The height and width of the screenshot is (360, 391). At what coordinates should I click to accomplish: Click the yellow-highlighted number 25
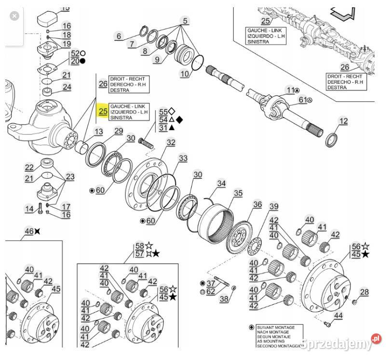tap(103, 111)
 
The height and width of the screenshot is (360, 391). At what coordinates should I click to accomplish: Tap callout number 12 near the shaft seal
tap(343, 121)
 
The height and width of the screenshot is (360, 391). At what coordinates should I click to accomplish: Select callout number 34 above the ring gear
tap(221, 184)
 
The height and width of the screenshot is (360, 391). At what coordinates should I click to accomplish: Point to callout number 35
tap(238, 194)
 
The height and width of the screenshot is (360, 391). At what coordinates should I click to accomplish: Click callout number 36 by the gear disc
tap(257, 204)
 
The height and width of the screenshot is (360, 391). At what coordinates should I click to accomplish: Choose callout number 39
tap(274, 207)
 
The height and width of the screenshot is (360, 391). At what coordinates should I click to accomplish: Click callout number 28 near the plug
tap(364, 292)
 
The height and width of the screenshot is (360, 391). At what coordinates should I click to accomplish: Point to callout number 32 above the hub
tap(171, 142)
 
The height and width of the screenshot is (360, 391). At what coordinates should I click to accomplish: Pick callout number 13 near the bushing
tap(98, 132)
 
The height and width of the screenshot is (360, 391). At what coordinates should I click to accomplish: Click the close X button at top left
tap(15, 16)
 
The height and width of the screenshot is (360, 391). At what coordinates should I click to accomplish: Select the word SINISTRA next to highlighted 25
tap(121, 118)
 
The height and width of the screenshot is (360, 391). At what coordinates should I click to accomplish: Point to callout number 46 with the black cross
tap(29, 231)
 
